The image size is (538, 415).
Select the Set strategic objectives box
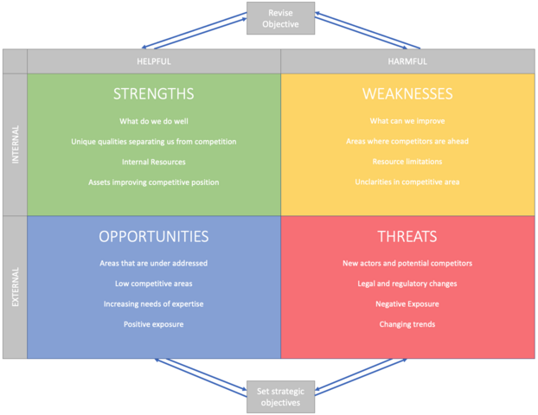pos(281,397)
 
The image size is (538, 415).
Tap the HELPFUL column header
pos(154,61)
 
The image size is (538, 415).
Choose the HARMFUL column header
pos(407,61)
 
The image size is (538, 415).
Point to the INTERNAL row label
pos(15,144)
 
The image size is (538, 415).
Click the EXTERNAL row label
pos(15,287)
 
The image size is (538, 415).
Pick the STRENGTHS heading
pos(154,93)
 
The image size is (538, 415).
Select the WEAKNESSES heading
pos(407,93)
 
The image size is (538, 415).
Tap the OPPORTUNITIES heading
pos(154,236)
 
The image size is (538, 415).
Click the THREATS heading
pos(407,236)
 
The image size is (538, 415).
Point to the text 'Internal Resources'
pos(154,162)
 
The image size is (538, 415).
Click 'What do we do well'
pos(154,121)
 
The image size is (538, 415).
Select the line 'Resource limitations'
pos(407,162)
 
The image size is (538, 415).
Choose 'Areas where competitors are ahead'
pos(407,141)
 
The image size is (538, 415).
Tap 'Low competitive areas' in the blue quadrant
pos(154,284)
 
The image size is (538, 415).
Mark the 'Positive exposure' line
pos(154,324)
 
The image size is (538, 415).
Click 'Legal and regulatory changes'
pos(407,284)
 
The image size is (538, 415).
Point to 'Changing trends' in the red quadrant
pos(407,324)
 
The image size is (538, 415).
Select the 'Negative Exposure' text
pos(407,304)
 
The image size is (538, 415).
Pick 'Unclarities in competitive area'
pos(407,182)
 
